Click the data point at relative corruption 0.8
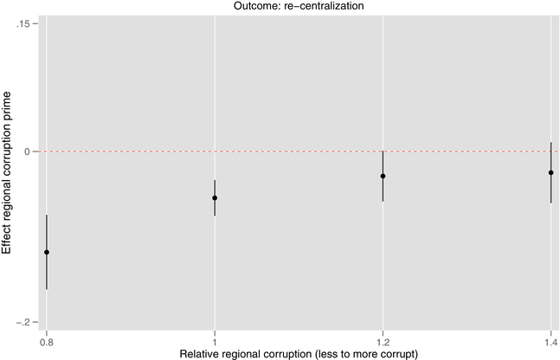(47, 252)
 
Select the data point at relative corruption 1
(215, 198)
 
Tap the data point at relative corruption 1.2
(383, 176)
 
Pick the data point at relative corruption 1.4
(550, 172)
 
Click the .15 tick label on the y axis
(25, 23)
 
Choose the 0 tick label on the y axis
(29, 151)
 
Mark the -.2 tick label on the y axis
(24, 322)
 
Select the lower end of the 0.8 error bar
(47, 289)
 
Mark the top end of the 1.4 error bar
(550, 143)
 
